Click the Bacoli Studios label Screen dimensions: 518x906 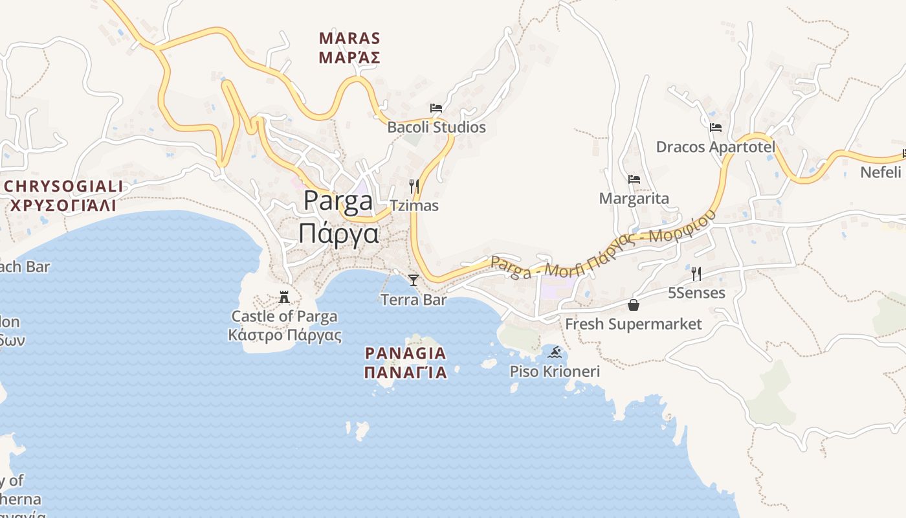[436, 127]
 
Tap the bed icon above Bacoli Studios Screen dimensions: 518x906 [436, 107]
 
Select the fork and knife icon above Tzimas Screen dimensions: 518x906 [414, 186]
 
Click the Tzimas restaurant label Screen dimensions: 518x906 [414, 206]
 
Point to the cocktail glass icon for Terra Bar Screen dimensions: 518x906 [414, 280]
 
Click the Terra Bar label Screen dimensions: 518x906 [414, 300]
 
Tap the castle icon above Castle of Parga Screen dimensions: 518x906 [284, 297]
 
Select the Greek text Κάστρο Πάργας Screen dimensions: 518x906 [285, 335]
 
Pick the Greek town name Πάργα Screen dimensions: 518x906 [338, 232]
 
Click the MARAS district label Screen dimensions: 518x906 [349, 38]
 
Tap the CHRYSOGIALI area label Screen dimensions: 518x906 [63, 186]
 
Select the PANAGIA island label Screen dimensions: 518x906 [406, 353]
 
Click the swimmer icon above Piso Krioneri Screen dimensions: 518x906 [555, 353]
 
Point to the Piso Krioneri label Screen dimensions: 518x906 [555, 372]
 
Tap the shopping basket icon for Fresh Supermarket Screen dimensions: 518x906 [634, 305]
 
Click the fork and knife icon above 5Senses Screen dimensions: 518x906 [696, 274]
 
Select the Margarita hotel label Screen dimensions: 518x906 [634, 198]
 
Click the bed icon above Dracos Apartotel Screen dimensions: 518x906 [715, 128]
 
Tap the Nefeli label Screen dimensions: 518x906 [880, 172]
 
